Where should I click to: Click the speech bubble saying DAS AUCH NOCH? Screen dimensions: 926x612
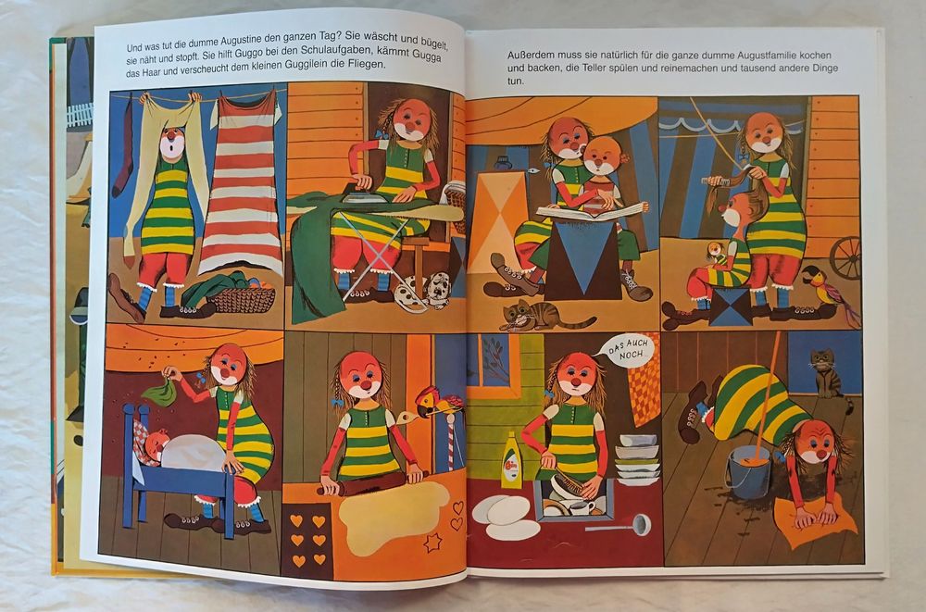(x=629, y=351)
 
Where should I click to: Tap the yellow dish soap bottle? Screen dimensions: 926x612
(x=511, y=460)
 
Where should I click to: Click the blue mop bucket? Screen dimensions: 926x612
(x=747, y=472)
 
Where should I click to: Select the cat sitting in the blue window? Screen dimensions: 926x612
(x=826, y=373)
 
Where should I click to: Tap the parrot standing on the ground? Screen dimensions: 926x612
(x=830, y=292)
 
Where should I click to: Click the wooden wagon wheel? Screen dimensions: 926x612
(x=845, y=257)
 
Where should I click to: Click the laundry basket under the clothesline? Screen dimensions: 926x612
(x=242, y=299)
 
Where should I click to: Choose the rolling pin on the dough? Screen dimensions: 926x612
(x=371, y=481)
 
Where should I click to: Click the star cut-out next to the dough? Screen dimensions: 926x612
(x=432, y=543)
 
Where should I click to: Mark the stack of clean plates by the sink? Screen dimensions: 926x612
(x=637, y=459)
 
